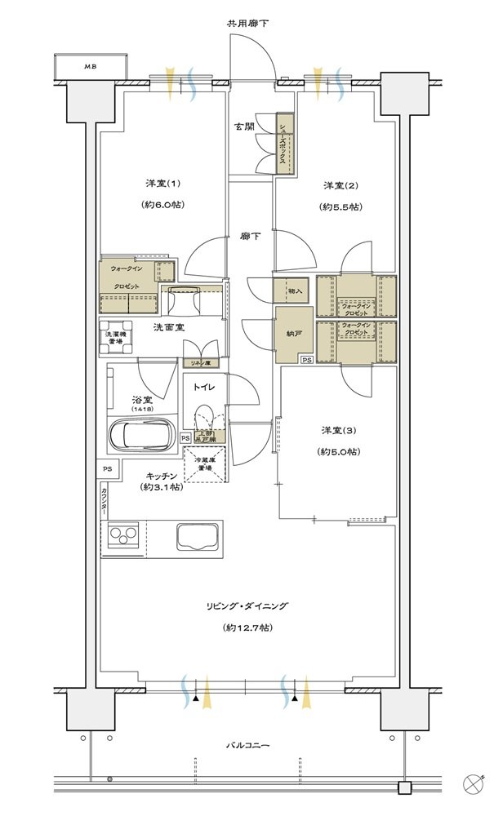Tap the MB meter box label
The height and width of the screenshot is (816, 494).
click(91, 66)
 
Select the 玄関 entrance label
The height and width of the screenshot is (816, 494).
click(244, 126)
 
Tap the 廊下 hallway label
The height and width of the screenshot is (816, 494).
click(251, 237)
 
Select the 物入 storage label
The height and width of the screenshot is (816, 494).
click(295, 290)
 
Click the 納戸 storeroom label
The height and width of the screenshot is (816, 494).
click(292, 335)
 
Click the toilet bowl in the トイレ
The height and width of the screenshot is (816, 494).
click(202, 417)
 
